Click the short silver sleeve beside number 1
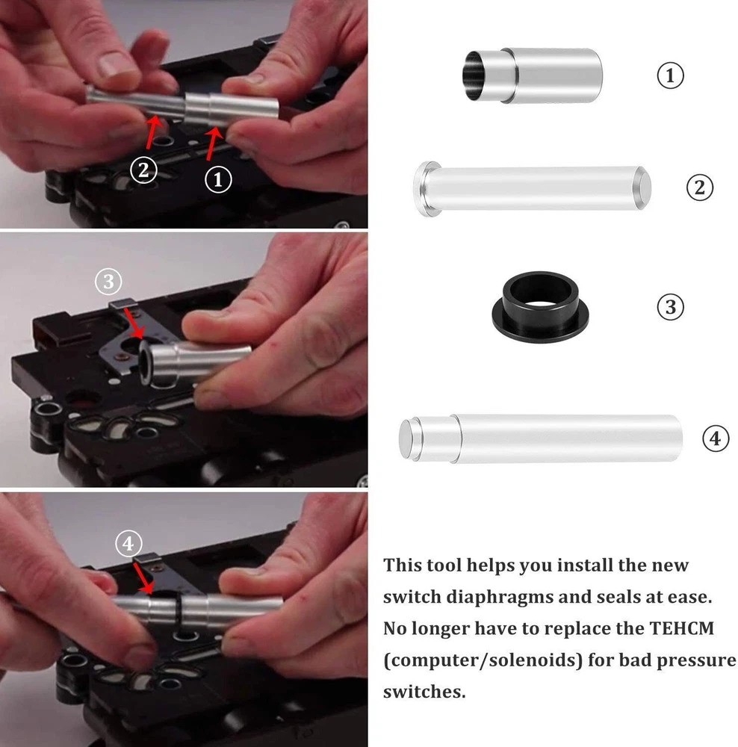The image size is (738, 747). coord(532,75)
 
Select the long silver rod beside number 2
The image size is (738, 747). coord(532,189)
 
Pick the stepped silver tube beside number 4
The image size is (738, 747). coord(540,438)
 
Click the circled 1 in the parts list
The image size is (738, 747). coord(670,75)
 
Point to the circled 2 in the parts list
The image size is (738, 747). coord(699,187)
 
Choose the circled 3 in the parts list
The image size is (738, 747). coord(670,307)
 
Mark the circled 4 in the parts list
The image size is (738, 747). coord(716,438)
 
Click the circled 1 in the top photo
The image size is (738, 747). coord(218,179)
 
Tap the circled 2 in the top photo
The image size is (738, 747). coord(144,170)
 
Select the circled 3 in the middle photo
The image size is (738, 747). coord(108,282)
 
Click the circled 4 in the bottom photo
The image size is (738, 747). coord(128,544)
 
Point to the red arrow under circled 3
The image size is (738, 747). coord(134,323)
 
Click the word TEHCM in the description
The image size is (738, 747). coord(682,628)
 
